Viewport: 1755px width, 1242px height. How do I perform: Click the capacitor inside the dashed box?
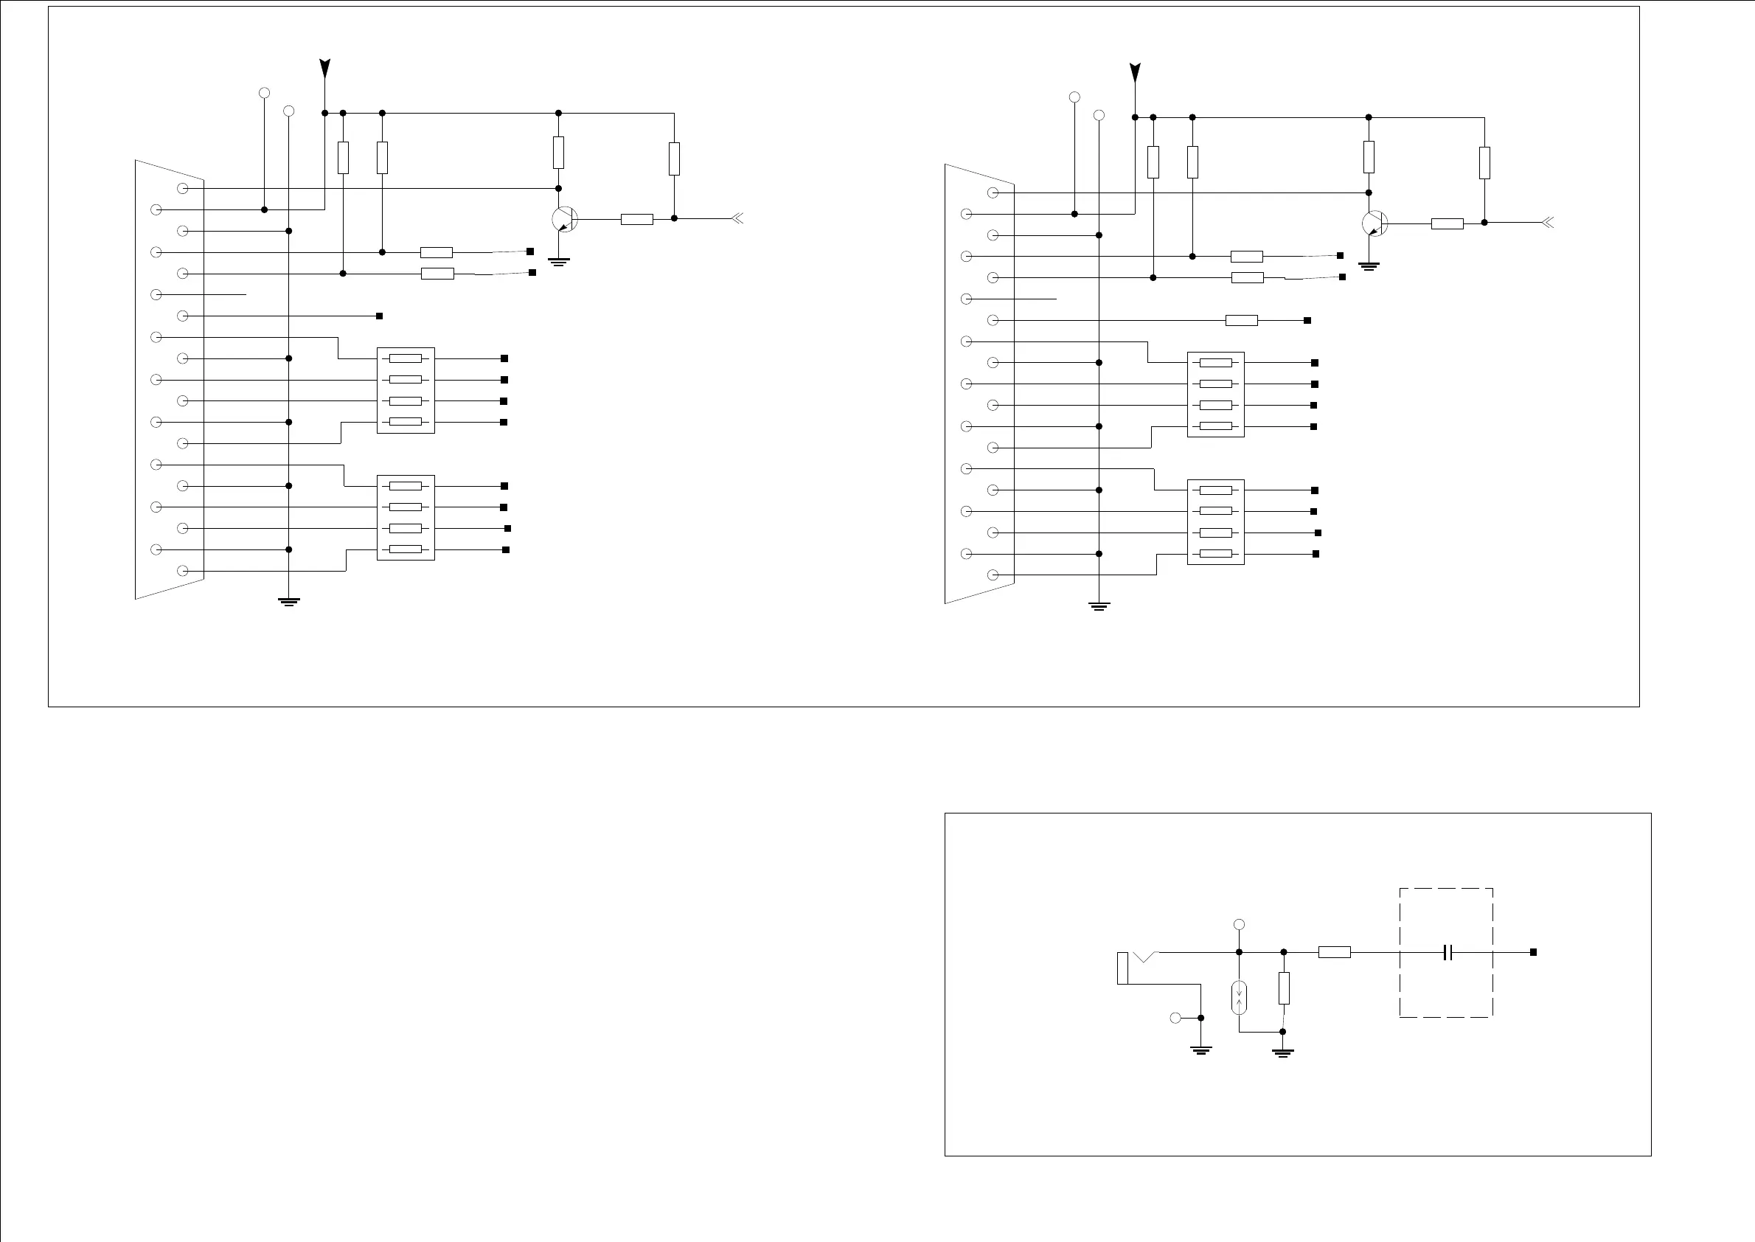[x=1447, y=952]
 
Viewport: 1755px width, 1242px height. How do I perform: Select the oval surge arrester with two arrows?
[x=1240, y=997]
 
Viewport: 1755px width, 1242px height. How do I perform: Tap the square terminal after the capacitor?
[x=1533, y=952]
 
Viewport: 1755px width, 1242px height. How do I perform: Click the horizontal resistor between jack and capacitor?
[x=1335, y=952]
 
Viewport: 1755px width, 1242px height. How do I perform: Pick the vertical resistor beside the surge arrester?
[x=1284, y=988]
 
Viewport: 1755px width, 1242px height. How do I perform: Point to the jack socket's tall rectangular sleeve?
[x=1122, y=968]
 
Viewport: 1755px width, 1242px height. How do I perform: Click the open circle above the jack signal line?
[x=1240, y=925]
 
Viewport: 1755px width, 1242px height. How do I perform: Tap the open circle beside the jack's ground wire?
[x=1175, y=1018]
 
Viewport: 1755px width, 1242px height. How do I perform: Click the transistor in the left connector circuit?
[x=564, y=220]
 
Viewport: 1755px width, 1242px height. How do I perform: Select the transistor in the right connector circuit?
[x=1375, y=223]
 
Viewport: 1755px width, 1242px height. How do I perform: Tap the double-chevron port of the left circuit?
[x=737, y=219]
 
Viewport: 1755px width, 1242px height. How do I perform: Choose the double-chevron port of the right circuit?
[x=1547, y=223]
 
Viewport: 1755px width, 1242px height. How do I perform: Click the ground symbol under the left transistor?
[x=559, y=263]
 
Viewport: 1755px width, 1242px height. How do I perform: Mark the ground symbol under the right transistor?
[x=1369, y=267]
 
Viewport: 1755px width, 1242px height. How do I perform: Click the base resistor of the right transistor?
[x=1447, y=223]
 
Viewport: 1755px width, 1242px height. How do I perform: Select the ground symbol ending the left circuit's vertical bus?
[x=289, y=602]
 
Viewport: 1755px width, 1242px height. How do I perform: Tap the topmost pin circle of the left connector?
[x=183, y=188]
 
